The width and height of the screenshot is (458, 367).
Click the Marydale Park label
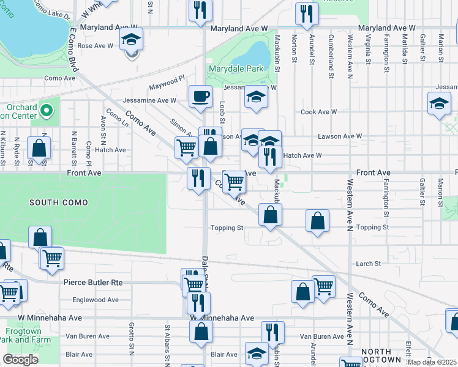click(x=235, y=69)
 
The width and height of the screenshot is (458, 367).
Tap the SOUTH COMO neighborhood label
click(x=58, y=202)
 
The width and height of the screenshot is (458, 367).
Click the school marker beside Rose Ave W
click(x=131, y=40)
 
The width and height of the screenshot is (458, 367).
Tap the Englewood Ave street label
click(x=96, y=300)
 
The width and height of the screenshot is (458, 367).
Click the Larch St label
click(x=369, y=264)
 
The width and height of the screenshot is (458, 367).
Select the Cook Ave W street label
click(x=318, y=112)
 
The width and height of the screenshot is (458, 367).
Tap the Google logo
click(x=21, y=360)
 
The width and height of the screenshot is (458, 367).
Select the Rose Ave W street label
click(x=95, y=46)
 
